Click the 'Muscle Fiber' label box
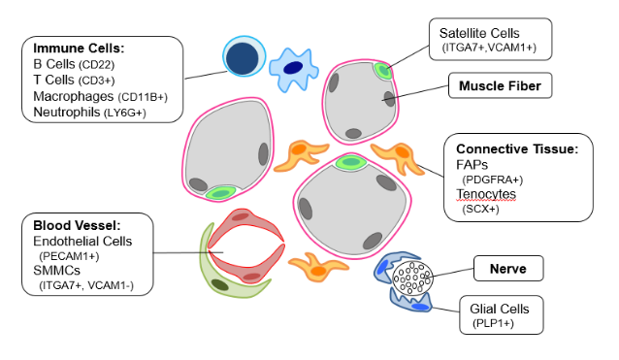click(500, 85)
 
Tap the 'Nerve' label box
click(508, 269)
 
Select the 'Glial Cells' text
click(499, 309)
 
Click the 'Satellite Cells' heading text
click(479, 33)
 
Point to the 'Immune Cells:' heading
click(79, 49)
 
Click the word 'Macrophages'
click(74, 96)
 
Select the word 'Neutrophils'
click(67, 113)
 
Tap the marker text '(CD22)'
click(97, 65)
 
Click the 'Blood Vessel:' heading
click(77, 225)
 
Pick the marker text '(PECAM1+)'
click(69, 256)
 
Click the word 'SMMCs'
click(56, 271)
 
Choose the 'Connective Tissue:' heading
click(517, 148)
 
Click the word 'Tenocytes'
click(486, 194)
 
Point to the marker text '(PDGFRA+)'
click(492, 180)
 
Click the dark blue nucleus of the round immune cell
click(243, 58)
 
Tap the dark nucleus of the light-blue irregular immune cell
click(293, 68)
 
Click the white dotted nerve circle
click(412, 278)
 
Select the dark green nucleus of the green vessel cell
click(220, 284)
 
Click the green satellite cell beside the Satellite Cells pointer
click(383, 71)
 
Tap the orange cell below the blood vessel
click(318, 268)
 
